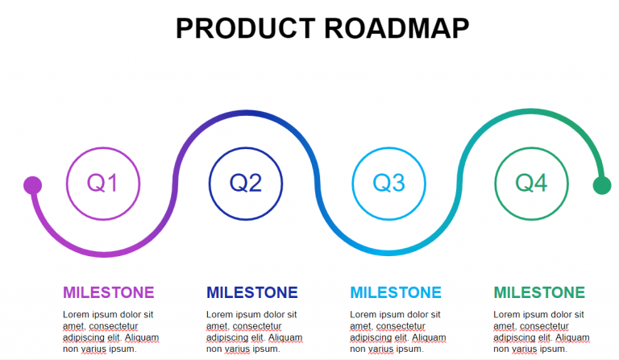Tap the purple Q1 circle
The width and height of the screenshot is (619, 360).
click(x=102, y=184)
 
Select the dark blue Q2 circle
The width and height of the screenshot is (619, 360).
click(x=246, y=184)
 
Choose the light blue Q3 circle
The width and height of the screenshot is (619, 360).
click(x=389, y=184)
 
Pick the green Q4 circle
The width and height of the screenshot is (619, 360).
click(x=531, y=184)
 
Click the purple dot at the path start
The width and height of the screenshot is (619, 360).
click(x=32, y=185)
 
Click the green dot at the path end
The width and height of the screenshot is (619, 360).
click(x=601, y=185)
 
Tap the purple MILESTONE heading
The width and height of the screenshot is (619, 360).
click(x=108, y=292)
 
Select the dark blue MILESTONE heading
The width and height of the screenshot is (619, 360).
click(x=251, y=292)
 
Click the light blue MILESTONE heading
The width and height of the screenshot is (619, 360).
click(x=396, y=292)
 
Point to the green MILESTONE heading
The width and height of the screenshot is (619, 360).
click(x=539, y=292)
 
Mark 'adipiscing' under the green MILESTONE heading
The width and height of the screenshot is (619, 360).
click(x=517, y=337)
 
